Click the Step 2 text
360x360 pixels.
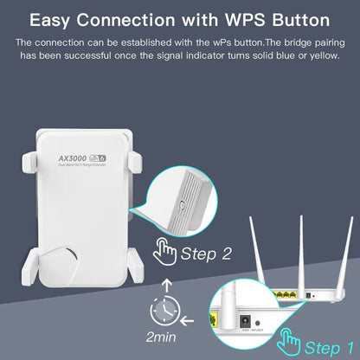pos(209,254)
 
